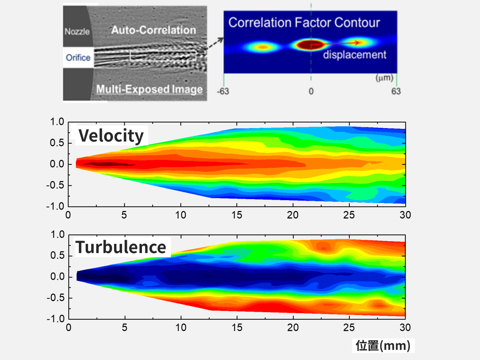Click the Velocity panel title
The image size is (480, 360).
pos(111,136)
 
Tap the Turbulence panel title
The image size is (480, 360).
pos(121,247)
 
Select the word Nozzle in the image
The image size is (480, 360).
pos(77,32)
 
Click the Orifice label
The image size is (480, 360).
pos(78,58)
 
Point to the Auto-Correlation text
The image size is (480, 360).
pos(153,30)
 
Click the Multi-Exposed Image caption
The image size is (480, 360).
pos(149,89)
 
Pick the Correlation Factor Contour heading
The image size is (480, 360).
pos(304,23)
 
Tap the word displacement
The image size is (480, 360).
pos(354,55)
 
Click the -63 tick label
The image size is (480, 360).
pos(223,91)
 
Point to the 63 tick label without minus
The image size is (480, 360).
pos(396,91)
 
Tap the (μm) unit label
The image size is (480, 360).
pos(384,78)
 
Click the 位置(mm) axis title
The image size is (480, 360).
pos(383,346)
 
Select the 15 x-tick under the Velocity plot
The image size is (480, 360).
pos(237,215)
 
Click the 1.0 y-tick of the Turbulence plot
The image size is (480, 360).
pos(58,235)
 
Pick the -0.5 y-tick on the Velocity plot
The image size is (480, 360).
pos(55,185)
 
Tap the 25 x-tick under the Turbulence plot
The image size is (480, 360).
pos(349,328)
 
